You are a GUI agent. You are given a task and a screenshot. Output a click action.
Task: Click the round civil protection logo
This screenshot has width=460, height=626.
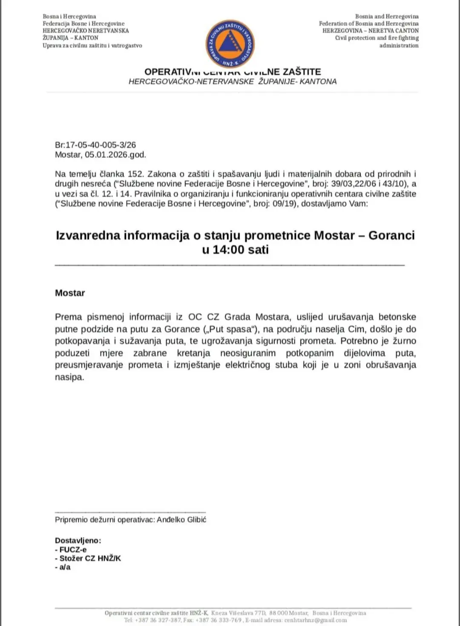(x=230, y=43)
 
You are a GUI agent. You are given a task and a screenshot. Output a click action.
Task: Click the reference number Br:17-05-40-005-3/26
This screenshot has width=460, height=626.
(x=95, y=145)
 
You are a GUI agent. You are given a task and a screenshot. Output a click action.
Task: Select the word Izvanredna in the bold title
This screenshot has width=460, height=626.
(x=88, y=235)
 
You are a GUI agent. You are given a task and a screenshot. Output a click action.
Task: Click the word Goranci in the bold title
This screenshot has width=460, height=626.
(x=391, y=235)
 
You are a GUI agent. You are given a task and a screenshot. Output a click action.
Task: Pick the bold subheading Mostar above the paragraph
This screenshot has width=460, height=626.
(x=70, y=293)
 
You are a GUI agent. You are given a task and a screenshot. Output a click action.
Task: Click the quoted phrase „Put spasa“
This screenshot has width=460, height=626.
(x=231, y=329)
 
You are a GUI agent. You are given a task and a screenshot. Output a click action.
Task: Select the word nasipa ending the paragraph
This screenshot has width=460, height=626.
(x=69, y=377)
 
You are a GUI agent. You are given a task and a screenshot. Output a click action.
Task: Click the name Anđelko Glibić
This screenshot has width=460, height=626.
(x=181, y=520)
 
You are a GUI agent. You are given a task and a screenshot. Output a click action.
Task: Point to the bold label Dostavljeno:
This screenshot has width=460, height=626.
(x=78, y=541)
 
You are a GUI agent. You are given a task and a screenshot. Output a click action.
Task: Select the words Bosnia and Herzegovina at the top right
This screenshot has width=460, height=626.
(x=387, y=17)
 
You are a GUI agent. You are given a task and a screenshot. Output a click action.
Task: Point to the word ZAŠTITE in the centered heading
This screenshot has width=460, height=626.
(x=302, y=72)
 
